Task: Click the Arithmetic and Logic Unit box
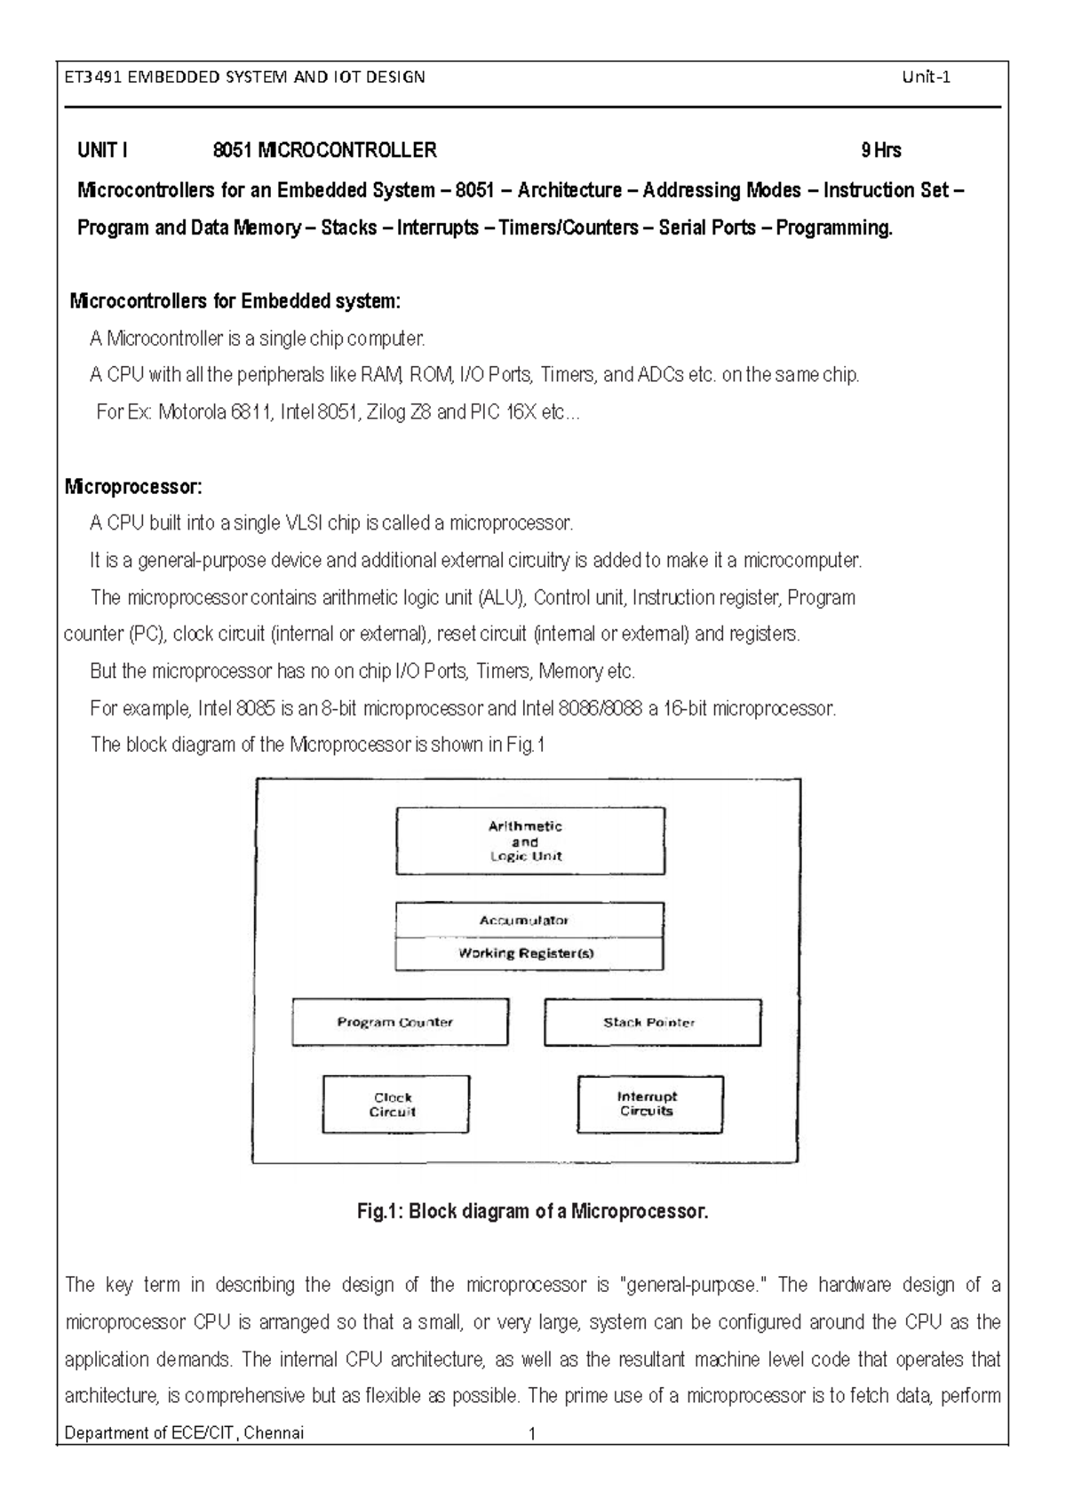[529, 841]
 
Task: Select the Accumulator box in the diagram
[529, 920]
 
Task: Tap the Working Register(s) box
[529, 953]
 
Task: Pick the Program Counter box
[400, 1022]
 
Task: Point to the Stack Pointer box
[652, 1022]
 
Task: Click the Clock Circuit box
[395, 1104]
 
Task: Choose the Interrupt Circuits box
[649, 1104]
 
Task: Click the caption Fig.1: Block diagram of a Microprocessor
[532, 1211]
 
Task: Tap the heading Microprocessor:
[133, 487]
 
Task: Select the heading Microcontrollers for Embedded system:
[235, 301]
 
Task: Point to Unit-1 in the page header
[926, 76]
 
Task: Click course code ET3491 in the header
[93, 76]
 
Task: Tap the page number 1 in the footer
[531, 1433]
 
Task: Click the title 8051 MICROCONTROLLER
[325, 150]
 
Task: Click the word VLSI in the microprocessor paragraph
[303, 523]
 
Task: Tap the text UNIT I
[102, 150]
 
